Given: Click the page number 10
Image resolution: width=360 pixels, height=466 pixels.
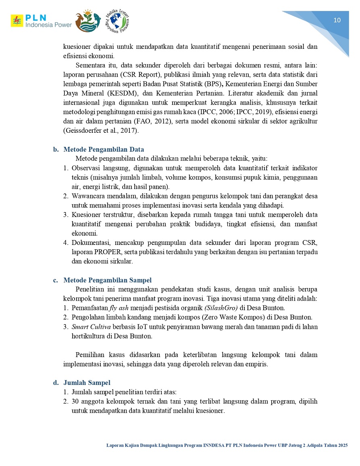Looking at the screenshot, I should coord(337,21).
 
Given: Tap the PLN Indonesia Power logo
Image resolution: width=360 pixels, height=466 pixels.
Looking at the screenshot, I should coord(41,21).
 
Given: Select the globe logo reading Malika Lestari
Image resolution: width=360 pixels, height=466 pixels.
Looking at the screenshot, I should coord(117,21).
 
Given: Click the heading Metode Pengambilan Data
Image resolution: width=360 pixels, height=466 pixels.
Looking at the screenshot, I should coord(104,150).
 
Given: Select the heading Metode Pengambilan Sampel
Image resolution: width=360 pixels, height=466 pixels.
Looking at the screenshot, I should coord(107,280).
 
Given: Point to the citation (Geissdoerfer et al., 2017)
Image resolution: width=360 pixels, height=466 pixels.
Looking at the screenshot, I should coord(101,130).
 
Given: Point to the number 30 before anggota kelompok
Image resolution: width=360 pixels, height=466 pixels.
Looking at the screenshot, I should coord(75,402).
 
